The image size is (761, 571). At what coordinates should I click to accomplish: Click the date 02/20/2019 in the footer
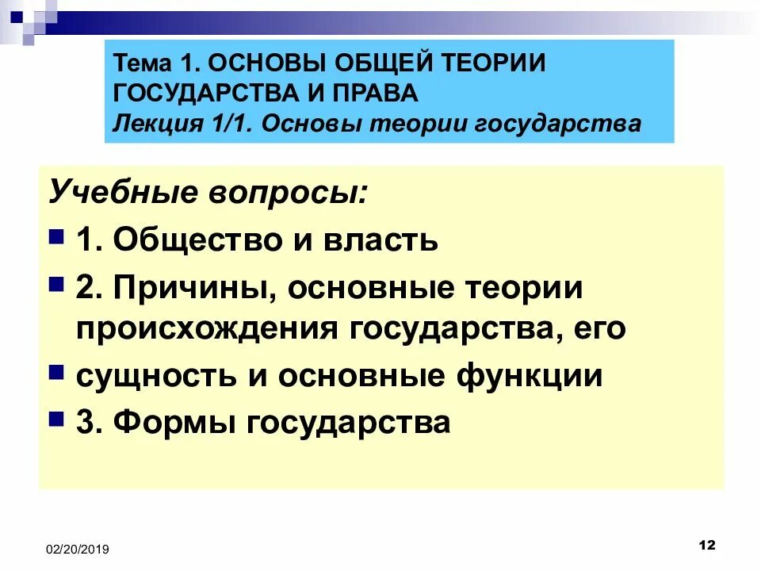(x=77, y=549)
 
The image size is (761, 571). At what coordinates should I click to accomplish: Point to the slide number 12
(x=708, y=545)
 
